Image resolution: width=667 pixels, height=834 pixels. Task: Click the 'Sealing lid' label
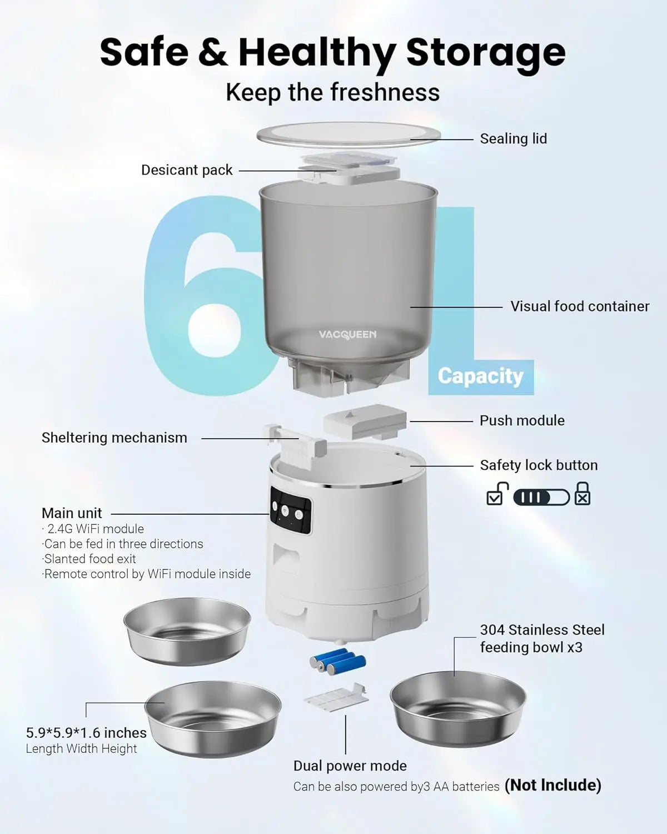click(x=513, y=138)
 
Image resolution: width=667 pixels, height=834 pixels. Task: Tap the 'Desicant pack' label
click(x=187, y=170)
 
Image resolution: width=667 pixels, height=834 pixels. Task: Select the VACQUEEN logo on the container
click(x=347, y=335)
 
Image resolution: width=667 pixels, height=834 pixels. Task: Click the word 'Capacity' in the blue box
click(x=480, y=376)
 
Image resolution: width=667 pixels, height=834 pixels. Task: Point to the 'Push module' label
click(x=522, y=420)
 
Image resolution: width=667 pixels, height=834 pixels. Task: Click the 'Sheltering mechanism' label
click(x=115, y=438)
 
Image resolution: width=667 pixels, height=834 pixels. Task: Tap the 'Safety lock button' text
click(x=539, y=465)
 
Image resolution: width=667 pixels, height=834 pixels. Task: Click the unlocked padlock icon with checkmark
click(x=496, y=494)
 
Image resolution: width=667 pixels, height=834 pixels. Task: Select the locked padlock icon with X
click(x=582, y=494)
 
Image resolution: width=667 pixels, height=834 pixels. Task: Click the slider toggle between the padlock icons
click(x=541, y=497)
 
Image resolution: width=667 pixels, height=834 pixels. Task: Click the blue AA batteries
click(x=337, y=661)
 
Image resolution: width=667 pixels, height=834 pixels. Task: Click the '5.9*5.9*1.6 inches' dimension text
click(x=86, y=733)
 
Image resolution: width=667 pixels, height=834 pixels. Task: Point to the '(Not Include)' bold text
click(x=552, y=785)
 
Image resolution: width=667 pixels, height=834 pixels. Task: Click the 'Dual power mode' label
click(x=350, y=766)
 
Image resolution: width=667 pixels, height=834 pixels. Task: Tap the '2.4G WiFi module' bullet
click(x=94, y=529)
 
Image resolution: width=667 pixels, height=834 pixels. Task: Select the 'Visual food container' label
click(x=580, y=306)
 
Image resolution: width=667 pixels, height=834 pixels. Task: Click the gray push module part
click(x=365, y=421)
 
